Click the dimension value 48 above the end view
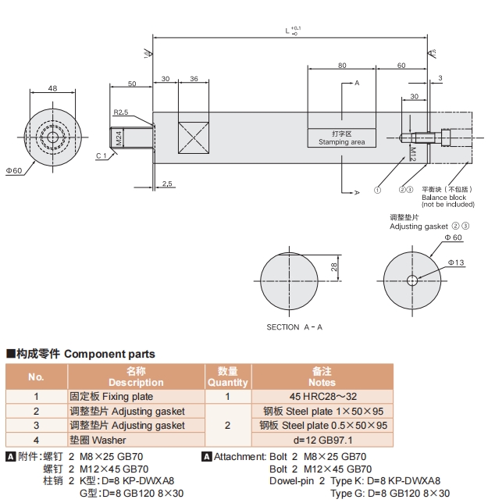(52, 89)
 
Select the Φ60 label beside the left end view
(14, 169)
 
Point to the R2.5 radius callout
(120, 112)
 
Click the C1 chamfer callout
(102, 156)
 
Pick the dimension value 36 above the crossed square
(194, 80)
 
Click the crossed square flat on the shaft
(194, 138)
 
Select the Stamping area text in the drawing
(341, 142)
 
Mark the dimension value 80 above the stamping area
(342, 66)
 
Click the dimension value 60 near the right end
(401, 66)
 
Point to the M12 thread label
(413, 154)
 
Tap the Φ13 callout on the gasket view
(456, 263)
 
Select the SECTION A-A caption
(294, 327)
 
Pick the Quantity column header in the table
(227, 376)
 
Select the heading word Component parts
(109, 354)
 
